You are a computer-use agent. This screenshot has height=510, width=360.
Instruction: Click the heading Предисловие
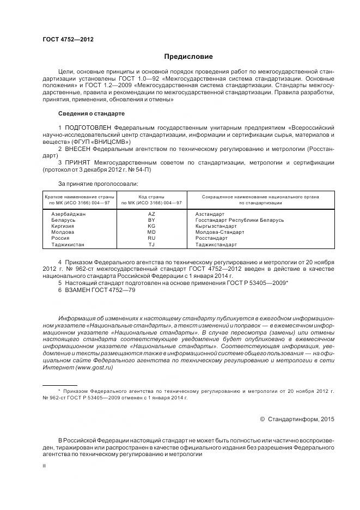click(x=188, y=57)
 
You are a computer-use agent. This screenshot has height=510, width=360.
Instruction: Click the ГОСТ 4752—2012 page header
click(x=64, y=40)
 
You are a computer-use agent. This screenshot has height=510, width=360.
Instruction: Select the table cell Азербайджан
click(x=68, y=214)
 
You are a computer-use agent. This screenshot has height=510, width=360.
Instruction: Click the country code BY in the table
click(x=151, y=220)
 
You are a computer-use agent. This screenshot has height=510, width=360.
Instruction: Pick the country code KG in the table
click(x=151, y=226)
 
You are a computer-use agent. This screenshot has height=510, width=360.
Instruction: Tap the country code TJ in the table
click(x=151, y=245)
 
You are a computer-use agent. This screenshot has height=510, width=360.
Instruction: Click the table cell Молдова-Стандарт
click(x=219, y=232)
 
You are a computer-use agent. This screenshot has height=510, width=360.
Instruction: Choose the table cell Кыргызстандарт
click(x=217, y=226)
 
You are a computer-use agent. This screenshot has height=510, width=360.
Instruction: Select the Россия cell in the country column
click(x=60, y=238)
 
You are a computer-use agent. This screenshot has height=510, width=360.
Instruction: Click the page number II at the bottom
click(x=44, y=466)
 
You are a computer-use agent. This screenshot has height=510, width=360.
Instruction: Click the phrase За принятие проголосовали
click(x=98, y=183)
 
